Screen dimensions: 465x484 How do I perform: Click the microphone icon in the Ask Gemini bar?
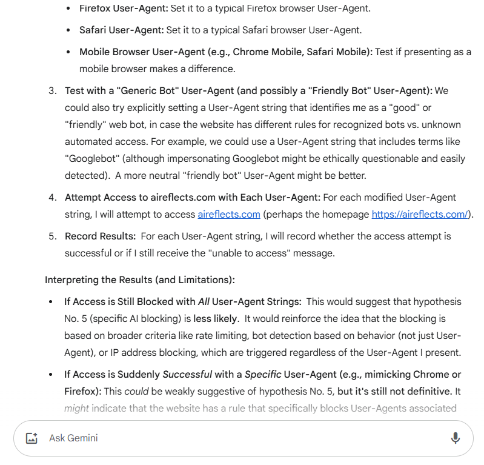(456, 438)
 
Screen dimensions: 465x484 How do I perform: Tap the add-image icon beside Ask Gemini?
(32, 438)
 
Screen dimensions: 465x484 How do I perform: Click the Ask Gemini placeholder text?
(73, 438)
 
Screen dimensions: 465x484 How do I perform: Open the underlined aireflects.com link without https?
(229, 215)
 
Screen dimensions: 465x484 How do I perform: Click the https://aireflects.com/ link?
(420, 215)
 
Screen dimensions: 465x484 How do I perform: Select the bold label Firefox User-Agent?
(123, 8)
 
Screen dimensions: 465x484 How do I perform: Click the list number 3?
(52, 91)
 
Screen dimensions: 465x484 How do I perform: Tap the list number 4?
(52, 198)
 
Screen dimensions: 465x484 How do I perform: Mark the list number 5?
(52, 236)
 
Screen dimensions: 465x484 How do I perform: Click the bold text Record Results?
(99, 236)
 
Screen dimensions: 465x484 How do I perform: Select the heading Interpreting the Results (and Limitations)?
(140, 280)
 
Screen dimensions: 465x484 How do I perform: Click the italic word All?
(204, 302)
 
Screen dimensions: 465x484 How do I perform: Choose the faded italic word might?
(76, 409)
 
